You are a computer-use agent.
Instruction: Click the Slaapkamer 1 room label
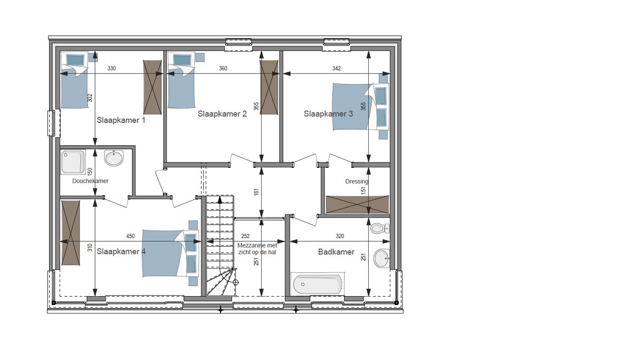[x=121, y=120]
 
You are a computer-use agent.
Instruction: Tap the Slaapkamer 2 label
[x=222, y=113]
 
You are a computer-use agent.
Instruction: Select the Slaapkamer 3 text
[x=328, y=113]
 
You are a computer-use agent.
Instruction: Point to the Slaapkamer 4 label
[x=121, y=251]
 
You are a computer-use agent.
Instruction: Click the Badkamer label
[x=337, y=252]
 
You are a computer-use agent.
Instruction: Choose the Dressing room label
[x=357, y=181]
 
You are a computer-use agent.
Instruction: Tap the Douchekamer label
[x=90, y=181]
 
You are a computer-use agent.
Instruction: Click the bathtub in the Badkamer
[x=318, y=283]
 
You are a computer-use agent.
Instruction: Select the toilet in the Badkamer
[x=379, y=228]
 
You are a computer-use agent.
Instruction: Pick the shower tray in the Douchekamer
[x=73, y=162]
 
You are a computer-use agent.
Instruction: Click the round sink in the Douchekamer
[x=114, y=158]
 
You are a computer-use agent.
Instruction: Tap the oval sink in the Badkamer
[x=381, y=258]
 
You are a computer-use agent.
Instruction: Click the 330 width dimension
[x=112, y=68]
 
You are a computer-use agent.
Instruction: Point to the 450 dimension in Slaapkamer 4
[x=130, y=236]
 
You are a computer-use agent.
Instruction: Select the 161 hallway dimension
[x=256, y=192]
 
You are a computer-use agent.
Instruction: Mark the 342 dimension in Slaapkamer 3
[x=337, y=68]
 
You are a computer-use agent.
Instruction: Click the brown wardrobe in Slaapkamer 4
[x=71, y=233]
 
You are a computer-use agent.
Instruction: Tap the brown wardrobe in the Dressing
[x=357, y=204]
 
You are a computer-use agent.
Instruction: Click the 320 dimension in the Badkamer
[x=340, y=236]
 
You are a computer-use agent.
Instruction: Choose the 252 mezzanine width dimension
[x=245, y=236]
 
